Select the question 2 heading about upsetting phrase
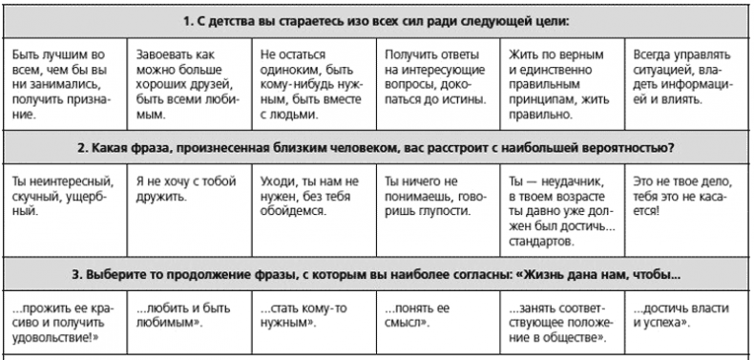coord(376,148)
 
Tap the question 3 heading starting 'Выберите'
coord(376,278)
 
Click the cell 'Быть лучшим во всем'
coord(63,83)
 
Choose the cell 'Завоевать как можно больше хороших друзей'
coord(188,83)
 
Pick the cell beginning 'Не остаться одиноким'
coord(312,83)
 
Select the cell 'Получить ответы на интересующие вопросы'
coord(436,83)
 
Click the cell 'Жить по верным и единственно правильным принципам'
coord(560,83)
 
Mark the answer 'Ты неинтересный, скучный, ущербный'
coord(63,195)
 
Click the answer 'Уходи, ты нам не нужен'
coord(312,195)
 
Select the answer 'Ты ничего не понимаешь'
coord(436,195)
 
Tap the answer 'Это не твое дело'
coord(684,195)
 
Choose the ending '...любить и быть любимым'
coord(188,316)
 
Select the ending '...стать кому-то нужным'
coord(312,316)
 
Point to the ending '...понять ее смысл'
coord(436,316)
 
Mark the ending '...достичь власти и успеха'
coord(684,316)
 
